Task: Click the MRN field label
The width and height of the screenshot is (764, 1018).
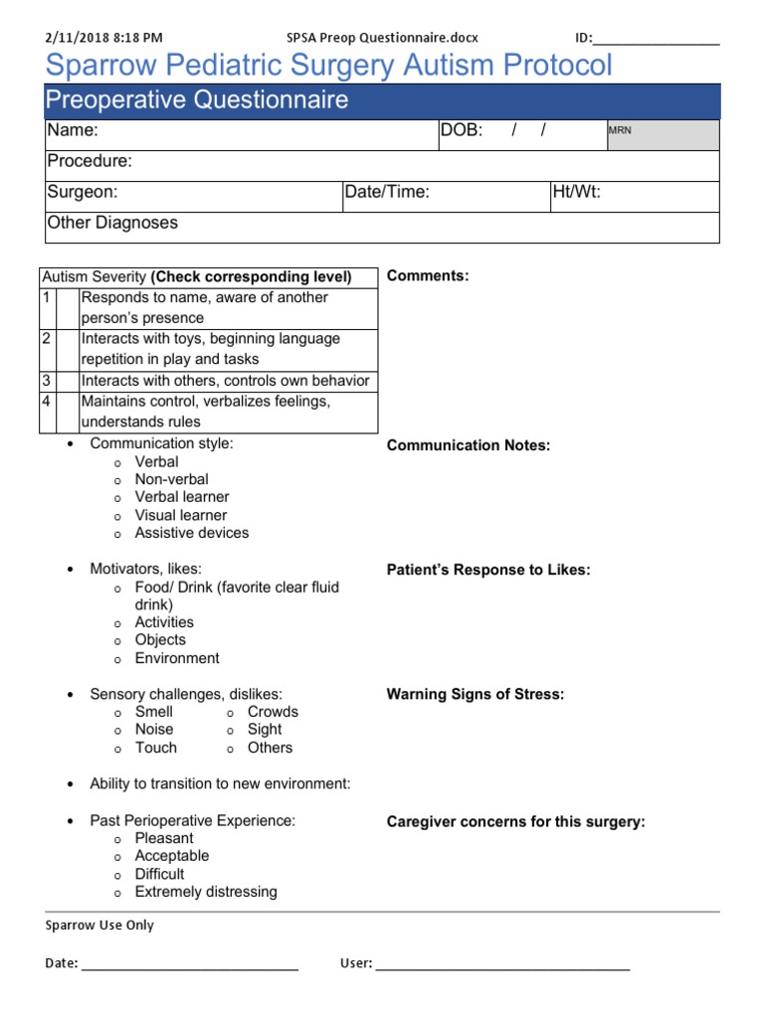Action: click(x=619, y=130)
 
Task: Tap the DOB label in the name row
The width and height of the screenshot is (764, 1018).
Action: click(x=462, y=131)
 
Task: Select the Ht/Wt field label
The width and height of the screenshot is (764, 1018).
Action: click(x=577, y=192)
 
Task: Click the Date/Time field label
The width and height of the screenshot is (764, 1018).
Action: click(x=387, y=192)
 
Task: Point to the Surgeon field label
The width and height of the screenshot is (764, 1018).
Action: click(x=82, y=192)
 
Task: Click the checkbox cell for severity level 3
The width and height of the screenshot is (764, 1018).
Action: click(x=67, y=381)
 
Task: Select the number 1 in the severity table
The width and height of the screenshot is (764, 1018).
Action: click(x=46, y=297)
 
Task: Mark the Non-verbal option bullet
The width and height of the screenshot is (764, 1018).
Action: click(x=117, y=480)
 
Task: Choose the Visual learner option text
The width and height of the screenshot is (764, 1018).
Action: click(x=180, y=515)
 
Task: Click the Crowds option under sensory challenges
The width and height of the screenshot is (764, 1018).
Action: click(x=273, y=712)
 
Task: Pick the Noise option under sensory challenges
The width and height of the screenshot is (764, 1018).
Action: click(x=154, y=730)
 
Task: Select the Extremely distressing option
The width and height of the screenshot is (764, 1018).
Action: click(x=206, y=892)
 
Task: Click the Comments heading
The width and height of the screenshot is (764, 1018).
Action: click(x=427, y=275)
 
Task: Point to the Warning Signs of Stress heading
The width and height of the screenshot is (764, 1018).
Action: click(x=475, y=694)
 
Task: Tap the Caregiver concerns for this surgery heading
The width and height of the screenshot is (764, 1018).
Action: click(x=515, y=822)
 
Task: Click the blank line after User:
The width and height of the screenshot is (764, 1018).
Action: click(x=502, y=962)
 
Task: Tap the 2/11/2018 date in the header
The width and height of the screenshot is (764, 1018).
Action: click(x=78, y=38)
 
